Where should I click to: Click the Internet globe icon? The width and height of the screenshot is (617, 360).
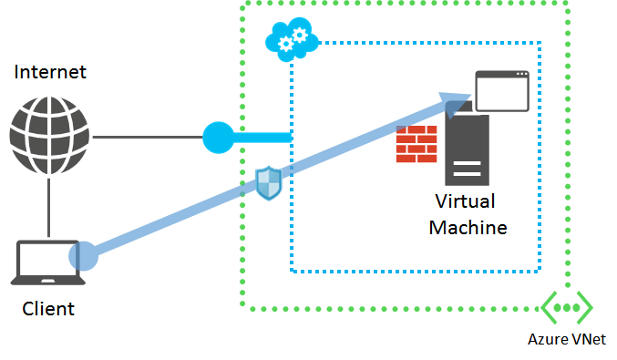50,138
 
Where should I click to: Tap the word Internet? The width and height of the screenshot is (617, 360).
50,72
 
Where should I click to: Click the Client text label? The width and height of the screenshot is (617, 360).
48,309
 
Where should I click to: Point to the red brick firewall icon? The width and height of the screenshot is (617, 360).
416,144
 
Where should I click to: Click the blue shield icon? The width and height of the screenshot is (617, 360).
268,182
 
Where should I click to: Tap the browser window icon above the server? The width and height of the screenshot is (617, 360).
501,89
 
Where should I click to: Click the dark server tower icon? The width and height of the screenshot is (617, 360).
467,150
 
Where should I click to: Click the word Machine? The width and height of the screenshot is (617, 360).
468,228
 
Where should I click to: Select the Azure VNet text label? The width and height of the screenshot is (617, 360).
567,341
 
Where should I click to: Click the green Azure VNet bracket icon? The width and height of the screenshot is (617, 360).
567,307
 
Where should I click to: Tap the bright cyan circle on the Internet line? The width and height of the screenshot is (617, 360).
218,138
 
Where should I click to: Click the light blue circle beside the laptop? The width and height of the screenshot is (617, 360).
84,255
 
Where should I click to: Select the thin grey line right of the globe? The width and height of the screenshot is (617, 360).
146,138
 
